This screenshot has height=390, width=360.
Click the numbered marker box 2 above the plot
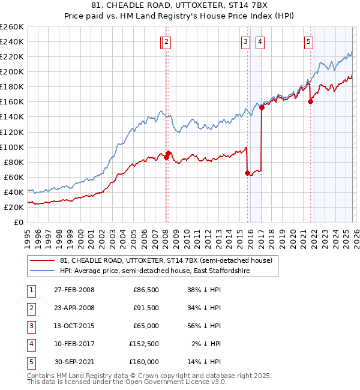point(166,41)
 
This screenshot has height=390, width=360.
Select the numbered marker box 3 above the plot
point(245,41)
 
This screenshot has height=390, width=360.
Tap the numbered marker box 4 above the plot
point(260,41)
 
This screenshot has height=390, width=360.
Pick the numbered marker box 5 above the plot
point(308,41)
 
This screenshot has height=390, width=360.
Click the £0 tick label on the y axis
point(19,222)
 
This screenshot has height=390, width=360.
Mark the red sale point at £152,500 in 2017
point(262,107)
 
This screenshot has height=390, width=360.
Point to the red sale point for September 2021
point(311,102)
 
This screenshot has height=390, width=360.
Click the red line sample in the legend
point(43,260)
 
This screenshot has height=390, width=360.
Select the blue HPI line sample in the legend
point(43,271)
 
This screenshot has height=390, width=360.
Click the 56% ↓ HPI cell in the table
point(204,326)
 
